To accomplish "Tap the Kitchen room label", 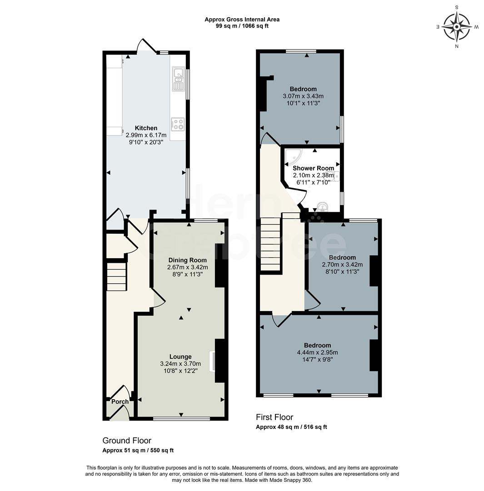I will click(146, 128).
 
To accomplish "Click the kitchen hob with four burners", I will click(178, 124).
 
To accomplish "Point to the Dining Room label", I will click(187, 260).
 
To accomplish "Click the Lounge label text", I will click(180, 356).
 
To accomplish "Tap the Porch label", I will click(120, 401).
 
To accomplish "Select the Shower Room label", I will click(313, 168).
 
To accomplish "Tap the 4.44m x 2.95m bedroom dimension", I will click(317, 352).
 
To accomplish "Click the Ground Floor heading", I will click(127, 441).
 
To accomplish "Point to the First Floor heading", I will click(274, 417).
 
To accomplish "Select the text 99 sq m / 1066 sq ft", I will click(242, 26).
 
